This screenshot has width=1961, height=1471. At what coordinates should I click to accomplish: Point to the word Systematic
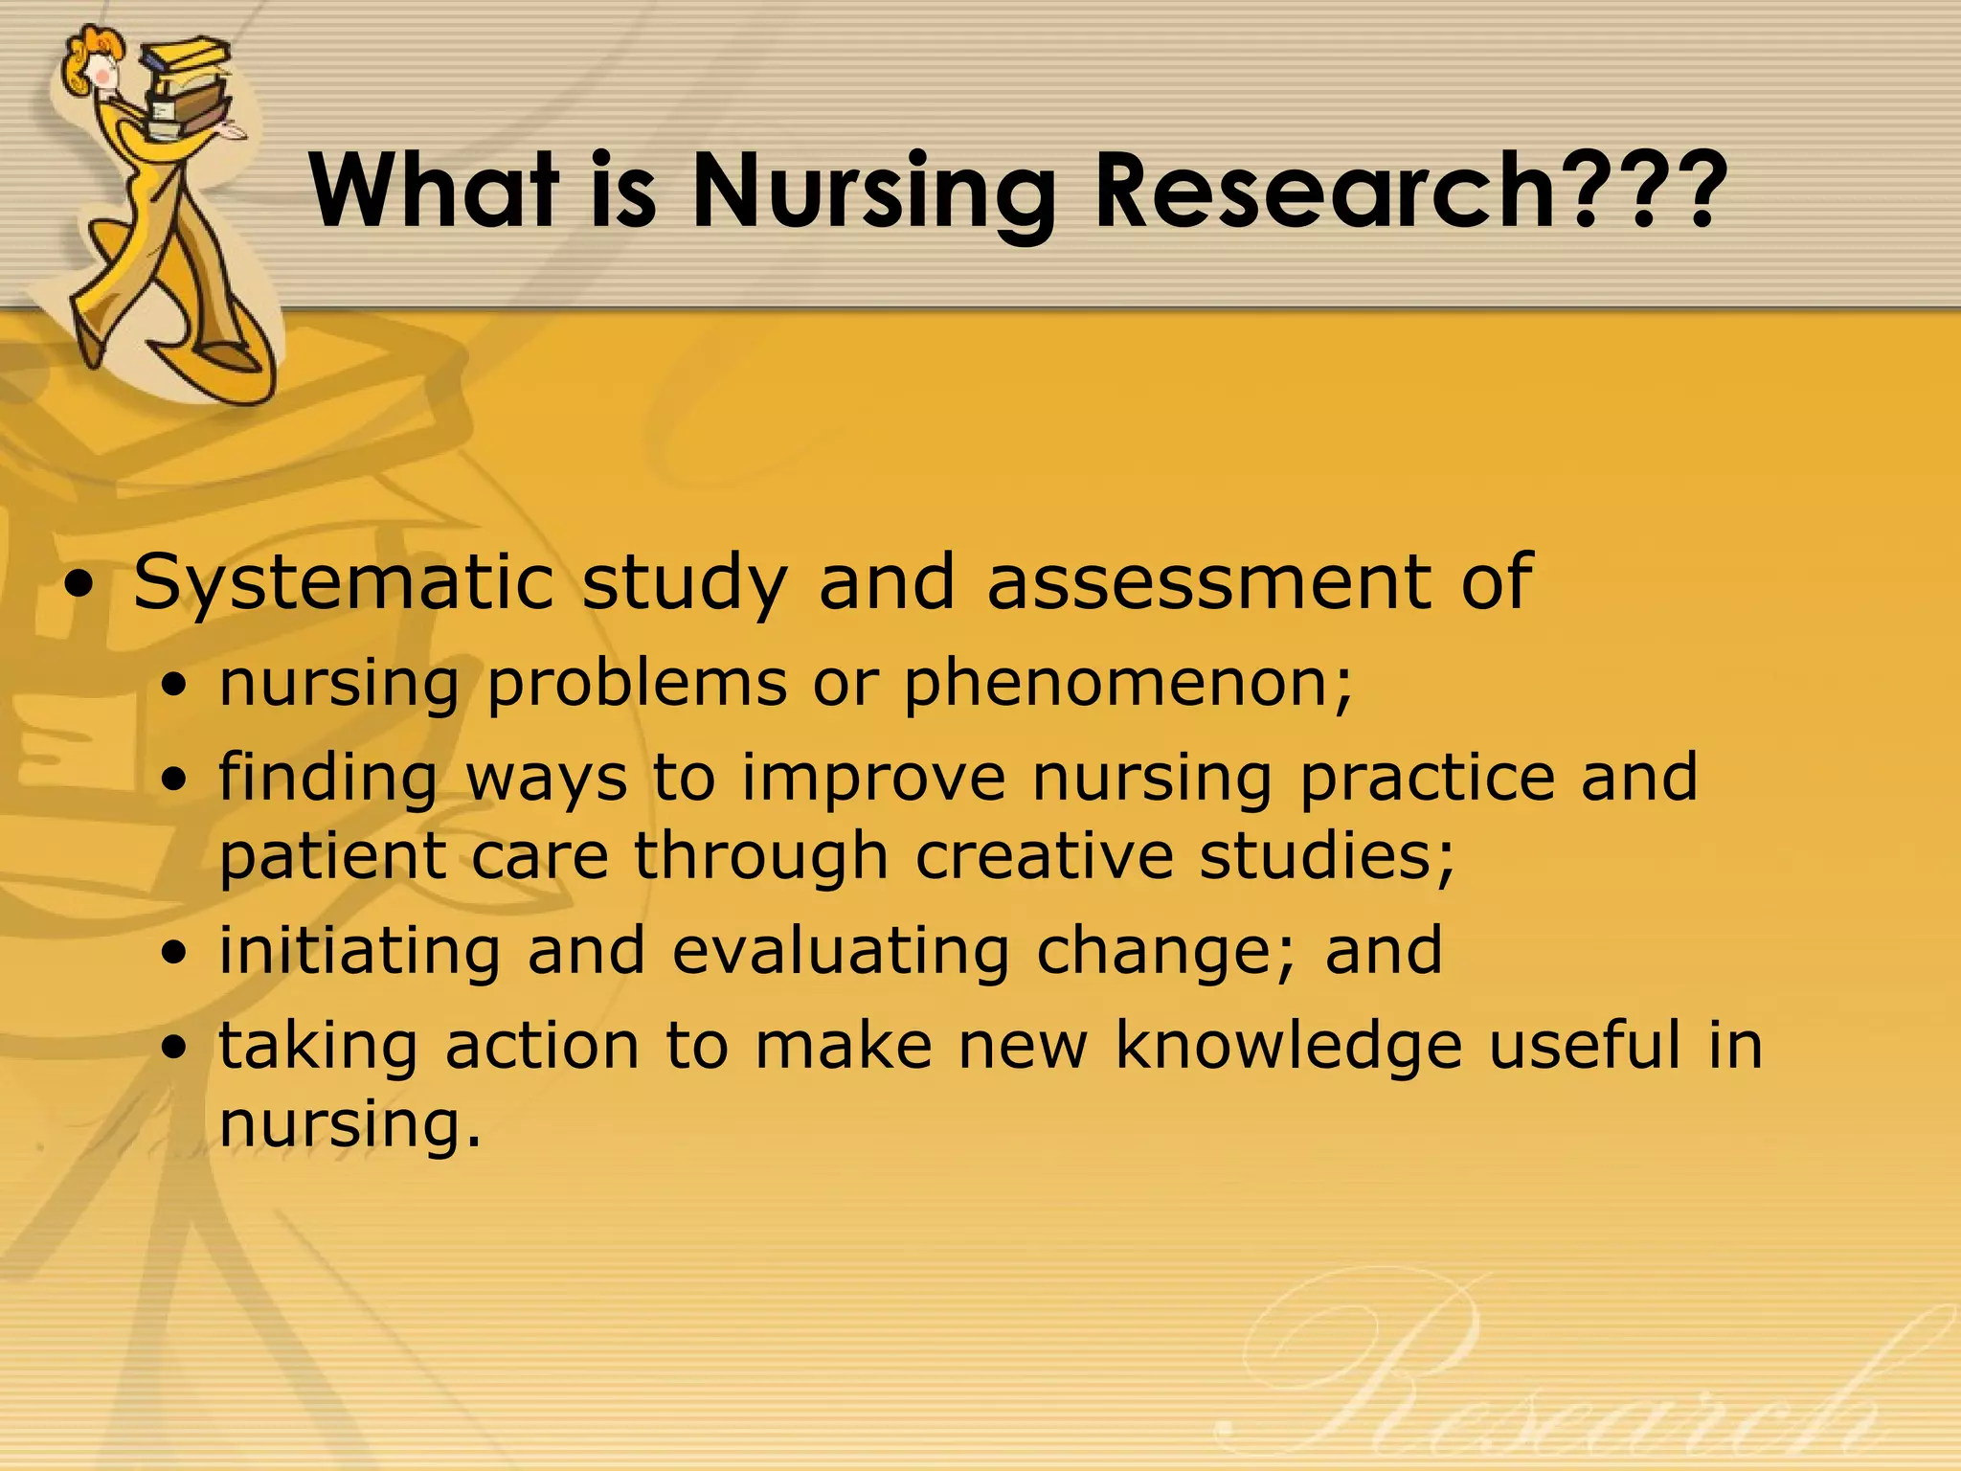pyautogui.click(x=344, y=584)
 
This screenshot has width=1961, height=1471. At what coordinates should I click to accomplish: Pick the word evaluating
pyautogui.click(x=840, y=950)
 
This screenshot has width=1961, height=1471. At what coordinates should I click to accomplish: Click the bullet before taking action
pyautogui.click(x=175, y=1050)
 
